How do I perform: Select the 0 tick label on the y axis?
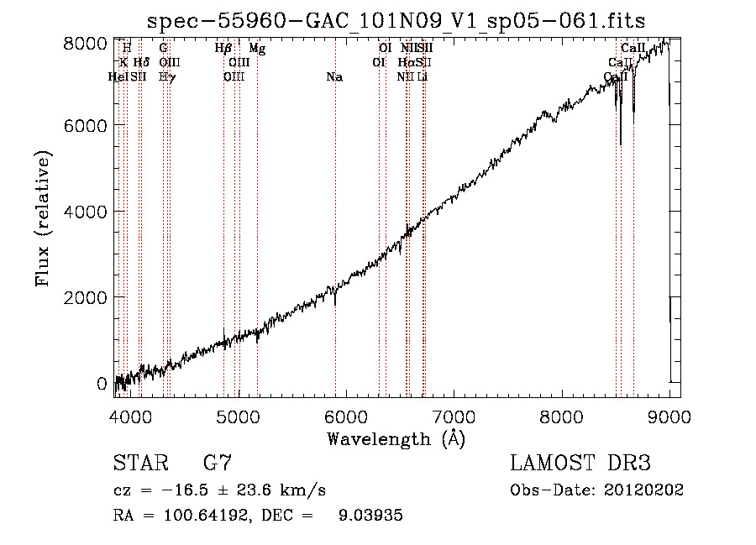pyautogui.click(x=102, y=384)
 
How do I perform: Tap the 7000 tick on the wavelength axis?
pyautogui.click(x=454, y=415)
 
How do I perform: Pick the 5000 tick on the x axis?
pyautogui.click(x=239, y=415)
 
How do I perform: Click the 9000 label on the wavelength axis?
pyautogui.click(x=669, y=415)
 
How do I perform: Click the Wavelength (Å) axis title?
pyautogui.click(x=396, y=438)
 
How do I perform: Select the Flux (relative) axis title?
pyautogui.click(x=44, y=217)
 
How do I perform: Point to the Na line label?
pyautogui.click(x=334, y=77)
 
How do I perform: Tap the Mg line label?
pyautogui.click(x=258, y=50)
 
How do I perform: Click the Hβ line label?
pyautogui.click(x=223, y=50)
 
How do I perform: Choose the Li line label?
pyautogui.click(x=423, y=77)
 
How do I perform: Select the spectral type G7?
pyautogui.click(x=217, y=464)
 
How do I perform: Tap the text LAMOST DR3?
pyautogui.click(x=580, y=464)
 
